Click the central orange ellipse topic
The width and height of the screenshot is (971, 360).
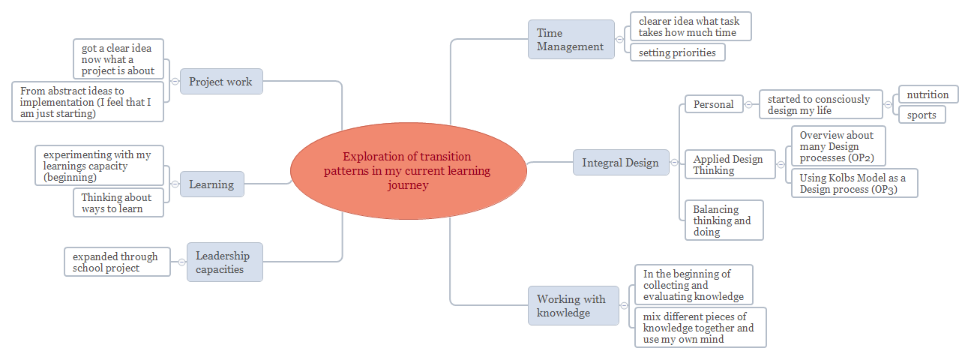[x=407, y=171]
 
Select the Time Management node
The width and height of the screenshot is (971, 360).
[x=570, y=40]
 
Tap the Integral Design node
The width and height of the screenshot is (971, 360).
[x=620, y=162]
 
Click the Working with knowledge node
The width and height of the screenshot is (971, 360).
[x=573, y=305]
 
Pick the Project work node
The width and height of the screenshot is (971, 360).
[x=220, y=82]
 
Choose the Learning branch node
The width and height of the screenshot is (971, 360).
[x=211, y=184]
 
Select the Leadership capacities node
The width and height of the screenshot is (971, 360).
[x=224, y=262]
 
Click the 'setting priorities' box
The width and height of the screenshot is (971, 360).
[x=677, y=52]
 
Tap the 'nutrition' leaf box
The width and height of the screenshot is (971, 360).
[x=928, y=94]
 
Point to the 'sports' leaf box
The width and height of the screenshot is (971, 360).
[x=922, y=114]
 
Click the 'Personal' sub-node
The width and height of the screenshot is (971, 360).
[x=713, y=104]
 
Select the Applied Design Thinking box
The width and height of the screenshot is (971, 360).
[x=729, y=164]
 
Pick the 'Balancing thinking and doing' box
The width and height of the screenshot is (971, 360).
[x=723, y=220]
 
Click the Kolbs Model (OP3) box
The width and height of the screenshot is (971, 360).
[x=853, y=183]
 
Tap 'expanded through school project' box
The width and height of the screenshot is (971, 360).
[x=116, y=262]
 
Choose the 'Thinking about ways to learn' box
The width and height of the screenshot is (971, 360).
[x=118, y=202]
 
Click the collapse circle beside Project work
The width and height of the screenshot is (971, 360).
[x=174, y=82]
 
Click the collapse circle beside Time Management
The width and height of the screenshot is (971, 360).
[x=619, y=40]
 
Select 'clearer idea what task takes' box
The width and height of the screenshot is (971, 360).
[x=690, y=26]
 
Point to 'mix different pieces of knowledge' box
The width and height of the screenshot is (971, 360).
[x=700, y=327]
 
